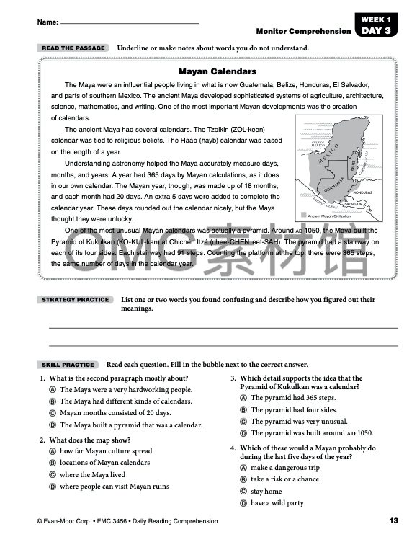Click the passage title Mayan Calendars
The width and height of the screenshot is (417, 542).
pyautogui.click(x=217, y=72)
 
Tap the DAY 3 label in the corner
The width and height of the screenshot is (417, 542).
pyautogui.click(x=377, y=31)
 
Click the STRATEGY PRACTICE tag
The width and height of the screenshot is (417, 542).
pyautogui.click(x=76, y=299)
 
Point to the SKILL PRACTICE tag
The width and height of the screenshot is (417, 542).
pyautogui.click(x=68, y=365)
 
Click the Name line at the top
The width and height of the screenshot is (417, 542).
pyautogui.click(x=130, y=23)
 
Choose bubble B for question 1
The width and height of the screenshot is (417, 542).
pyautogui.click(x=53, y=401)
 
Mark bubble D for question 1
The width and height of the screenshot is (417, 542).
pyautogui.click(x=53, y=425)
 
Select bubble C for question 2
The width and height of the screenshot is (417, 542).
pyautogui.click(x=53, y=475)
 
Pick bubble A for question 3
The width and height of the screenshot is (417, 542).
pyautogui.click(x=243, y=398)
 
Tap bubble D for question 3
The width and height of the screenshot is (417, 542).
pyautogui.click(x=243, y=433)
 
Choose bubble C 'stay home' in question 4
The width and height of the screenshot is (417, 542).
pyautogui.click(x=243, y=492)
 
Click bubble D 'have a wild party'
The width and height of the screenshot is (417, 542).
pyautogui.click(x=243, y=503)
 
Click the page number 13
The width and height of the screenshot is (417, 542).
pyautogui.click(x=393, y=520)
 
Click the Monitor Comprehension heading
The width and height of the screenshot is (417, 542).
pyautogui.click(x=303, y=32)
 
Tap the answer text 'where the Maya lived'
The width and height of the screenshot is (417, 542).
pyautogui.click(x=92, y=475)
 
